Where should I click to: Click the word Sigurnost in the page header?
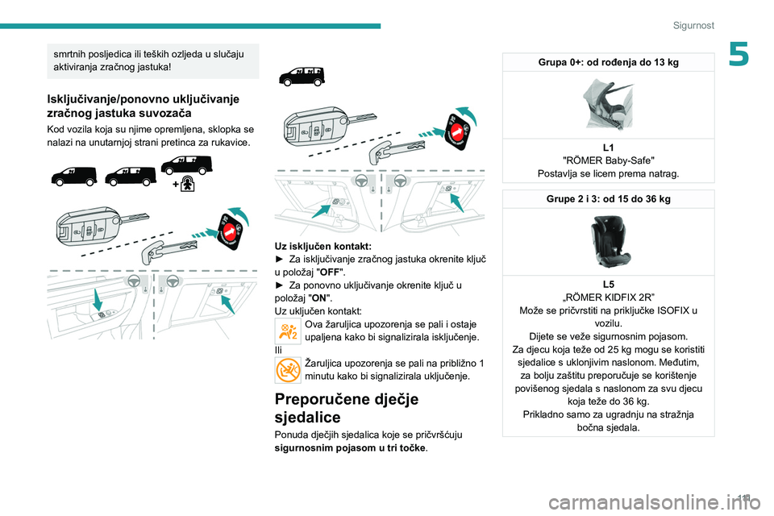coord(694,26)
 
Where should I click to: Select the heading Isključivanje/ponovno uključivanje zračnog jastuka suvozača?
coord(143,106)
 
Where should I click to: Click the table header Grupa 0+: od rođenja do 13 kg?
coord(607,62)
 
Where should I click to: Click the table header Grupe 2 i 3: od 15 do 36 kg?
coord(607,198)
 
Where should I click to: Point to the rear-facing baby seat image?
coord(607,104)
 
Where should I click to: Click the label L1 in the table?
coord(607,148)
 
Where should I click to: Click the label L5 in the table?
coord(607,285)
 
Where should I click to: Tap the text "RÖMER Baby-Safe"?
coord(607,160)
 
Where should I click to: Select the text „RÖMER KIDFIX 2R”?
coord(607,298)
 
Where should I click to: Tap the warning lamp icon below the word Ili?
coord(287,369)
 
